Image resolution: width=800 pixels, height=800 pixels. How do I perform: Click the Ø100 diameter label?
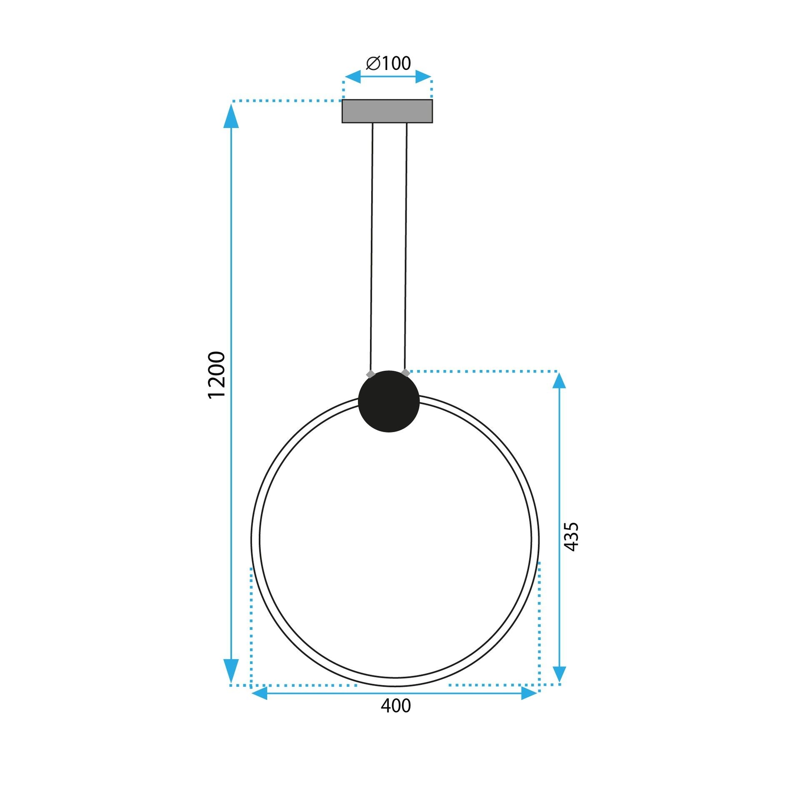click(x=388, y=63)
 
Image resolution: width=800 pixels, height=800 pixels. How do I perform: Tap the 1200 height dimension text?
click(x=217, y=375)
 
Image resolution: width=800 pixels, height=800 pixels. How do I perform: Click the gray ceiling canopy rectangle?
click(x=387, y=111)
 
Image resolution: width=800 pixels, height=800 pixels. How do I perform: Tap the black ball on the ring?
click(x=389, y=401)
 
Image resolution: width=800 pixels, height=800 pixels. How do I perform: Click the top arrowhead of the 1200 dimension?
click(x=231, y=117)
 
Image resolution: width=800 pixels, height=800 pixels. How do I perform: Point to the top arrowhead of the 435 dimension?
click(x=559, y=381)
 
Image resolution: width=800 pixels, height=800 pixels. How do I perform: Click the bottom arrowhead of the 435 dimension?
click(x=559, y=673)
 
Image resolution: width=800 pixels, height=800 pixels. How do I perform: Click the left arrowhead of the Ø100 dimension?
click(x=352, y=77)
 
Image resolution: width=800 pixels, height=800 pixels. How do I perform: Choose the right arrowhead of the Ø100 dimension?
click(x=423, y=77)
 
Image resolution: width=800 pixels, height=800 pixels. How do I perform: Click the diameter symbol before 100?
click(x=373, y=63)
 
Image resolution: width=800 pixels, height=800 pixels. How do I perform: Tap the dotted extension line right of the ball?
click(x=483, y=371)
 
